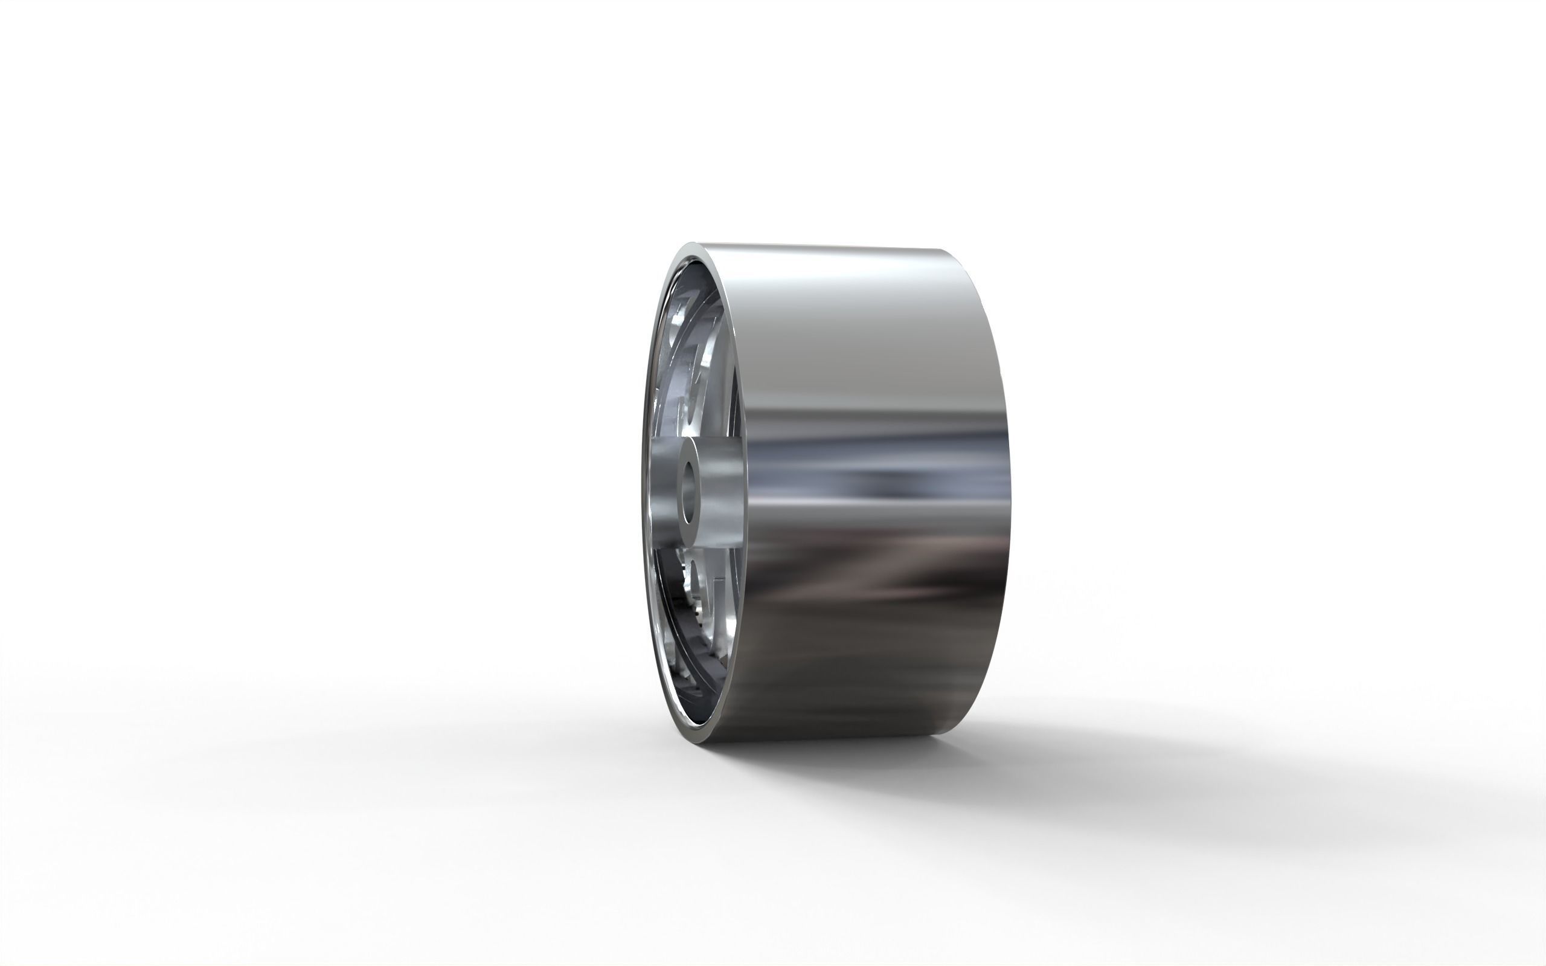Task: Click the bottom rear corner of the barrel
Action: (x=945, y=735)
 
